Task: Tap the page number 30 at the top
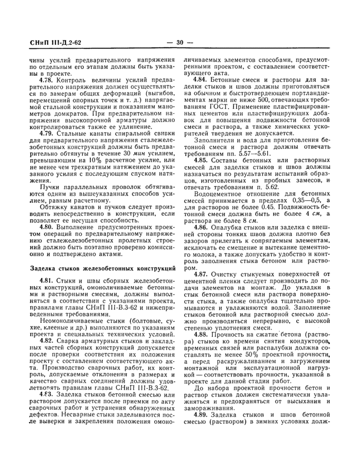pyautogui.click(x=180, y=43)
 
